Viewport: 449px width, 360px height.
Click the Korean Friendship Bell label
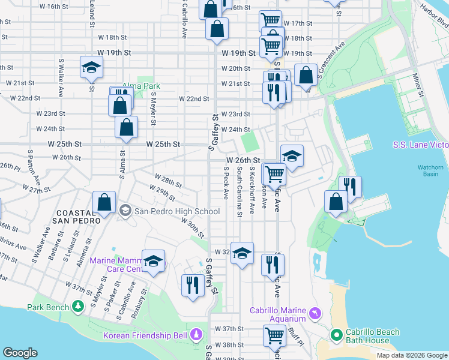(x=145, y=335)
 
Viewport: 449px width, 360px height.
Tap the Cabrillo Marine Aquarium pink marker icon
(x=315, y=314)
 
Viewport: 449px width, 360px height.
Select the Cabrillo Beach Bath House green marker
(x=336, y=334)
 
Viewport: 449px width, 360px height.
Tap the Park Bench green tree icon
(x=77, y=307)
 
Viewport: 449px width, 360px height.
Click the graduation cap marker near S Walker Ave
(x=91, y=68)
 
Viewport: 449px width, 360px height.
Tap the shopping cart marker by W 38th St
(x=274, y=337)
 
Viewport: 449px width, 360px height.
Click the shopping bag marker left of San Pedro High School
(x=104, y=202)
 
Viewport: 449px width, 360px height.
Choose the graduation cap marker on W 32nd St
(x=243, y=253)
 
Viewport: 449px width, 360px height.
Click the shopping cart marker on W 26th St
(x=275, y=173)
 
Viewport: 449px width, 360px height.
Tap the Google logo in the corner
(x=20, y=353)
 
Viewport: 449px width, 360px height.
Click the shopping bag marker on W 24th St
(x=126, y=127)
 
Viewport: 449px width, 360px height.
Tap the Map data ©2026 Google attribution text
(x=411, y=355)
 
